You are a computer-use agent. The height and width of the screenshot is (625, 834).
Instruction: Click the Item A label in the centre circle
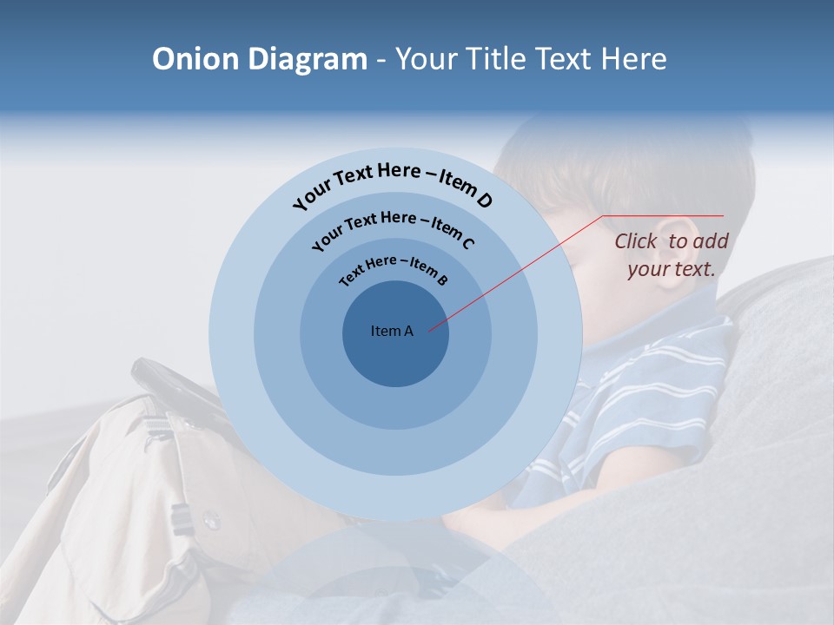[392, 331]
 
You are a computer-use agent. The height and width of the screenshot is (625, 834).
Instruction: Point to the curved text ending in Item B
[393, 268]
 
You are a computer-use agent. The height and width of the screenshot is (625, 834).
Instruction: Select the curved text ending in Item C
[392, 227]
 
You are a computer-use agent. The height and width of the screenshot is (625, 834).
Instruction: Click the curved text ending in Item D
[392, 181]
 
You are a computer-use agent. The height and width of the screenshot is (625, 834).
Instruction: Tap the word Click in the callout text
[637, 241]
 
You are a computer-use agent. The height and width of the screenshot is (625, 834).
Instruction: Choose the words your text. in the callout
[671, 269]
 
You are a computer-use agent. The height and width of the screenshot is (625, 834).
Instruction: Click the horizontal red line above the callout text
[663, 215]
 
